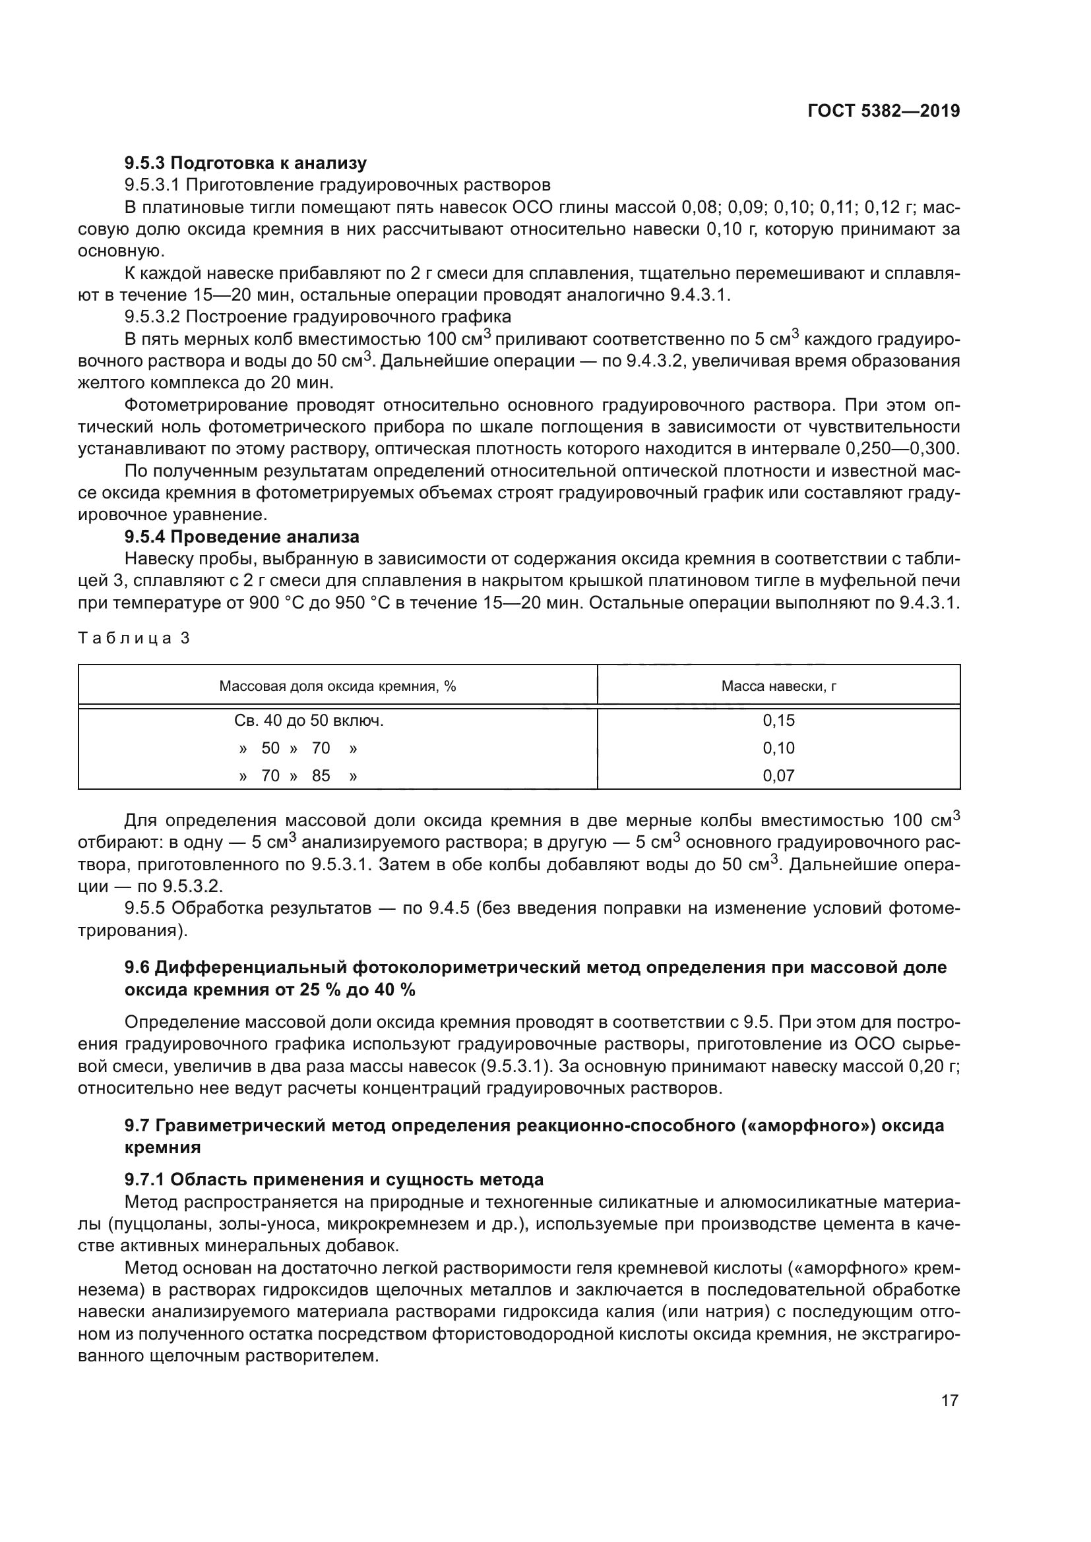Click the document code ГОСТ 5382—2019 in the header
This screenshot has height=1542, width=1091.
pos(883,111)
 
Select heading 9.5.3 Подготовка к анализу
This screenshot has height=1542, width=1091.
pos(246,163)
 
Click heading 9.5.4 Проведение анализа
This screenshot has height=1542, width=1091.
pos(242,537)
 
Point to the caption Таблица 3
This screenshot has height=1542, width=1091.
pos(135,638)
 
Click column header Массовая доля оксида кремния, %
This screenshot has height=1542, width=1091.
pos(337,686)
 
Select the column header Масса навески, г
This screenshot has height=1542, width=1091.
pos(778,686)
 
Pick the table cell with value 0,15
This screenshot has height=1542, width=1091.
pos(778,721)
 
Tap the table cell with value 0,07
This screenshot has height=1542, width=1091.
pos(778,776)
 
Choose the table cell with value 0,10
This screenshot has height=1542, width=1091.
pos(778,748)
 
